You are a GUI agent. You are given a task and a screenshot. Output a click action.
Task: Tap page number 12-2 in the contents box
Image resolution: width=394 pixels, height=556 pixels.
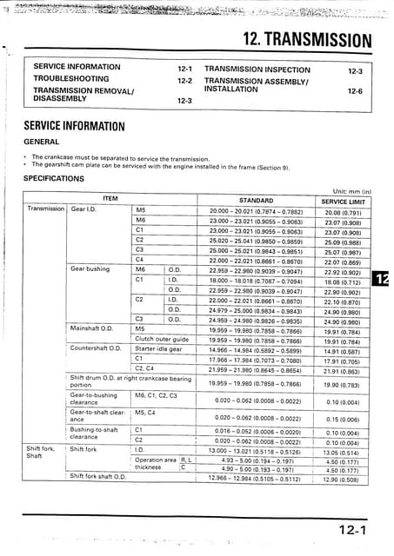point(184,80)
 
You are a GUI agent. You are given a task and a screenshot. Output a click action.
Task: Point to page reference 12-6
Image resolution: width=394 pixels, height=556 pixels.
point(355,89)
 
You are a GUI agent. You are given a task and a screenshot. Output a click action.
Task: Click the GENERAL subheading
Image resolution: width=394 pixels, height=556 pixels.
point(41,141)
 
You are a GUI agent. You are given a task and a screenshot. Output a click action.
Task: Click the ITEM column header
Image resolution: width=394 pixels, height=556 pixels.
point(110,199)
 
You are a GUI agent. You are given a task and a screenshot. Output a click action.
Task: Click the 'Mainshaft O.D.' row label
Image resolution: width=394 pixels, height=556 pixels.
point(95,330)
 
